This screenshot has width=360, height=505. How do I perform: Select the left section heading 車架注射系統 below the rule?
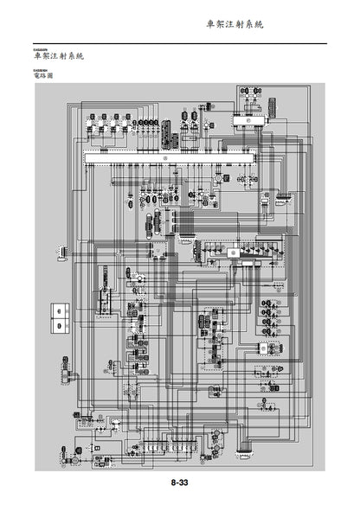pos(57,56)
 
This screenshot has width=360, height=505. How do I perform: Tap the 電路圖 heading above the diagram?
pos(42,76)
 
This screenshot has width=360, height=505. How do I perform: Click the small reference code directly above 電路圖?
pos(37,69)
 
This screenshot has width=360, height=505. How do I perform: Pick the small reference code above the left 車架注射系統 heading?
pos(38,49)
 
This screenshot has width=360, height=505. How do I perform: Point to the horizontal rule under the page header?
pos(179,43)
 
